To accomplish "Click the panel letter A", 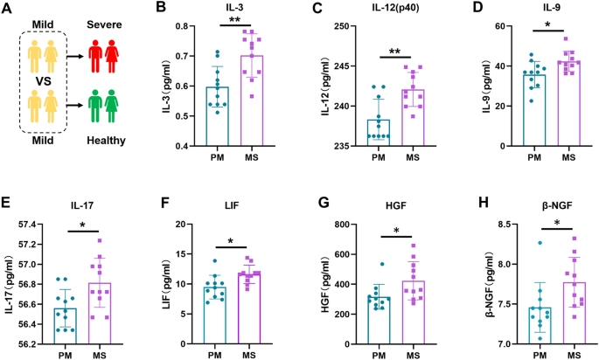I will pyautogui.click(x=8, y=11).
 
